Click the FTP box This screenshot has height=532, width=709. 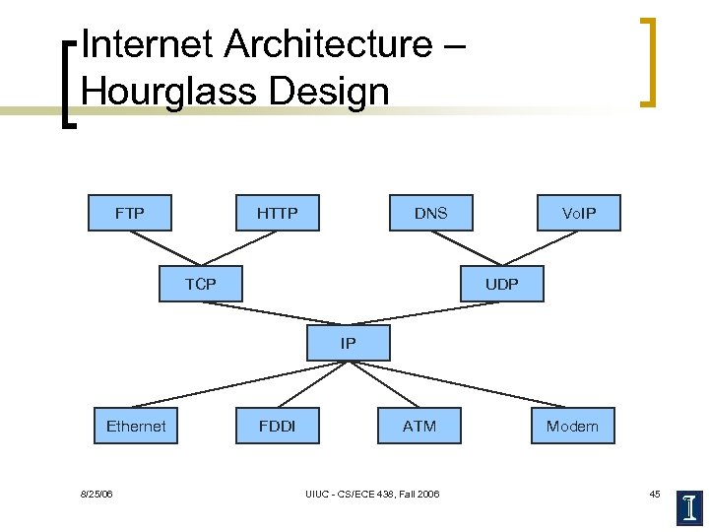tap(130, 213)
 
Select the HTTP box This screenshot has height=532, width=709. tap(277, 213)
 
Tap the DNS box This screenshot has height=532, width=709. tap(430, 213)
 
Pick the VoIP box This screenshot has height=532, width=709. tap(578, 213)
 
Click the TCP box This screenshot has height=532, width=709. tap(200, 285)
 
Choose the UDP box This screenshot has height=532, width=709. tap(501, 285)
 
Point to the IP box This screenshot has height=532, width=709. tap(349, 343)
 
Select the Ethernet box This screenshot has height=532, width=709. tap(136, 426)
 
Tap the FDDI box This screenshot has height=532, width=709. tap(277, 426)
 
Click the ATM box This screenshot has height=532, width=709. tap(419, 426)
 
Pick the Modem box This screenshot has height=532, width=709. tap(572, 426)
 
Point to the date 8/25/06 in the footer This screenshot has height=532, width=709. tap(96, 494)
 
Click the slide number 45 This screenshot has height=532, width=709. tap(655, 494)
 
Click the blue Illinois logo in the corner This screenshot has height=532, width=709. tap(689, 504)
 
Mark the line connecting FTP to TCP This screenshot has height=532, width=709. tap(164, 248)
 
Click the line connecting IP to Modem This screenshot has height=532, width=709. tap(463, 385)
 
